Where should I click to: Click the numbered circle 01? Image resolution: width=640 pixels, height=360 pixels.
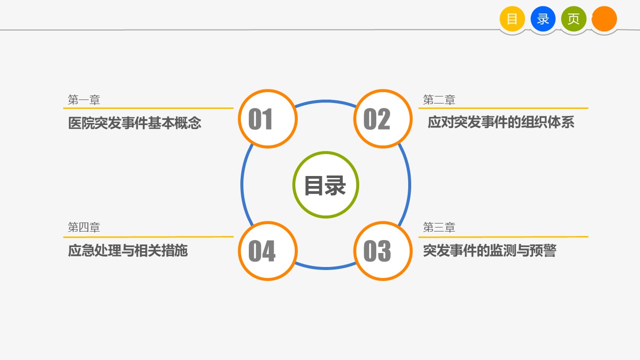(x=268, y=118)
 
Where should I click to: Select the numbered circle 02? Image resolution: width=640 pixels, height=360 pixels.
(x=383, y=118)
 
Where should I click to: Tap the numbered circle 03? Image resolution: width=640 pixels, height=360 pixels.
(x=383, y=251)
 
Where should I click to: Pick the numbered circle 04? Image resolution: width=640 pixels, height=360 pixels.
(x=268, y=251)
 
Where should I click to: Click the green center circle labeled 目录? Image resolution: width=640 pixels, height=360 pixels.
(x=326, y=184)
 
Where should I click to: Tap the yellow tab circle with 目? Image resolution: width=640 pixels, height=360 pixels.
(x=512, y=19)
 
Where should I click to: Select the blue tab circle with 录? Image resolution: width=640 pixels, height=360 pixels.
(x=543, y=19)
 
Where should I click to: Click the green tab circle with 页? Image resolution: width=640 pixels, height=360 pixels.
(x=574, y=19)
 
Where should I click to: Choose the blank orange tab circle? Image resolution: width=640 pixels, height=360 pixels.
(x=604, y=19)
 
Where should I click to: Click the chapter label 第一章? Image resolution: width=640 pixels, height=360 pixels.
(x=84, y=100)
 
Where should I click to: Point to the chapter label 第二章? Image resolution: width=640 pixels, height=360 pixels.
(x=439, y=100)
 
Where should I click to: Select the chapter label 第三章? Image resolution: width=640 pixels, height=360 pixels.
(x=439, y=227)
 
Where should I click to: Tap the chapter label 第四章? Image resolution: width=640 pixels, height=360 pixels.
(x=84, y=227)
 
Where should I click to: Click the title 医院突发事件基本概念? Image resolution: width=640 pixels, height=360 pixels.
(x=134, y=123)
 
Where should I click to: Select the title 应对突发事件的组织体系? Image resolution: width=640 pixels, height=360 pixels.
(x=501, y=122)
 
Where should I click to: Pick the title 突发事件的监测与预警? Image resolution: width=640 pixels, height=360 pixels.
(x=490, y=250)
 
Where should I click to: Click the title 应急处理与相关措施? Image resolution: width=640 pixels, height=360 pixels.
(x=128, y=250)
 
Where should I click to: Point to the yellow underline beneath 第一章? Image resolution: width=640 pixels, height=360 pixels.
(x=148, y=108)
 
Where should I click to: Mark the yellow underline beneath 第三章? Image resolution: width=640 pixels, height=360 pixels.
(x=504, y=237)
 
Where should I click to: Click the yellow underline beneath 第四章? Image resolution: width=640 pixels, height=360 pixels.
(x=148, y=237)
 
